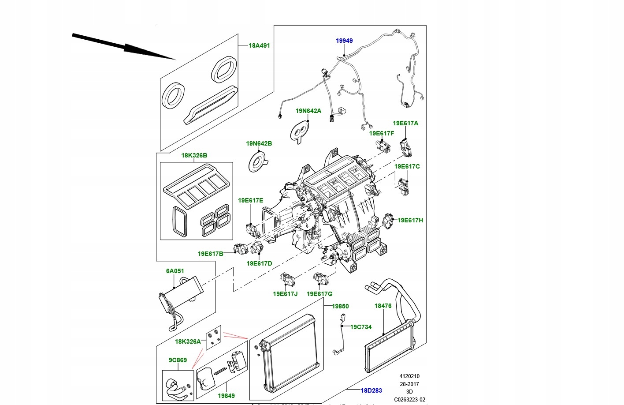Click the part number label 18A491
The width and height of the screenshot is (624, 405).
[259, 45]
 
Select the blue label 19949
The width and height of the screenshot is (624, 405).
[344, 41]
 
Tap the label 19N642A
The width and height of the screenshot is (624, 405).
[308, 111]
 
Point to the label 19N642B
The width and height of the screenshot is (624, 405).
[259, 143]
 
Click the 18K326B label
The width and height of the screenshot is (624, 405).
[194, 155]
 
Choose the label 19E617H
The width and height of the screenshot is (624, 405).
[410, 220]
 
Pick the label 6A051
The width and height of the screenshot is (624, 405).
[175, 271]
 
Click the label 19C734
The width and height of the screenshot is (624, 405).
[361, 327]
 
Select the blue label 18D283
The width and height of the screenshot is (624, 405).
[371, 390]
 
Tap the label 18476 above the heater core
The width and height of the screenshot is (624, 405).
[383, 306]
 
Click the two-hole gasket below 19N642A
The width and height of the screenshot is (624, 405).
[301, 130]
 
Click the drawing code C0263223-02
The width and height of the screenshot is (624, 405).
[409, 400]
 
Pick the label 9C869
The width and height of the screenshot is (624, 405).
[178, 360]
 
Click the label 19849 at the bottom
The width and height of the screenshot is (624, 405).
[226, 396]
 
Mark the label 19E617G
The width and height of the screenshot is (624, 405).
[319, 294]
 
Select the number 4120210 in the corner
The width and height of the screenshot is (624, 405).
[409, 376]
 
